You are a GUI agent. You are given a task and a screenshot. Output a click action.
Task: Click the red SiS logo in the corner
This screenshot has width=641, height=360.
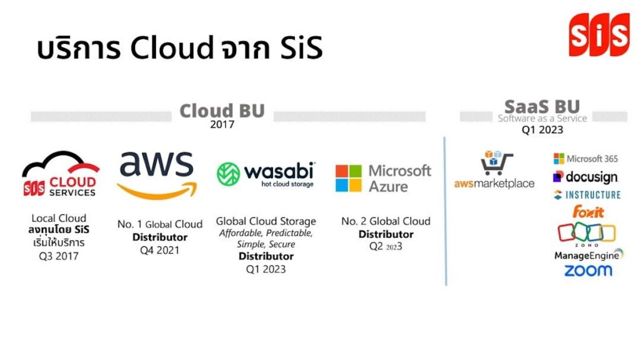pyautogui.click(x=598, y=35)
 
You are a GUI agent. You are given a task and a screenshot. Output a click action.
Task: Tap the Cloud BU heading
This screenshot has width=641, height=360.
pyautogui.click(x=222, y=111)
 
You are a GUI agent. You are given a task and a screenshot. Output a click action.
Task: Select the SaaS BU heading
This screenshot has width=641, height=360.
pyautogui.click(x=542, y=106)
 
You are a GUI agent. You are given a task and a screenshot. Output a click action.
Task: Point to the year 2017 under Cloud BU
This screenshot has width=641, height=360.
pyautogui.click(x=222, y=125)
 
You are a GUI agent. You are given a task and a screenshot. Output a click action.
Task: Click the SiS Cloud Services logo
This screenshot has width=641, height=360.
pyautogui.click(x=61, y=178)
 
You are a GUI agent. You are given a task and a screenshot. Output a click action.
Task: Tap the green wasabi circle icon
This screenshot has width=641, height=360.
pyautogui.click(x=228, y=174)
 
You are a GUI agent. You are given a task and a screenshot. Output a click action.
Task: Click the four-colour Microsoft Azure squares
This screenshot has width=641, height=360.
pyautogui.click(x=349, y=178)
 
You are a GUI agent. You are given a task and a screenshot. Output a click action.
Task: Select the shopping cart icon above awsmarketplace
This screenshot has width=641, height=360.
pyautogui.click(x=496, y=163)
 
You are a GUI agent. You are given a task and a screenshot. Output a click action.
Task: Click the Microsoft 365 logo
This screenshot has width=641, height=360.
pyautogui.click(x=587, y=159)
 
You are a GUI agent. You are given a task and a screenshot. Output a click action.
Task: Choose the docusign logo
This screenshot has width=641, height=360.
pyautogui.click(x=585, y=177)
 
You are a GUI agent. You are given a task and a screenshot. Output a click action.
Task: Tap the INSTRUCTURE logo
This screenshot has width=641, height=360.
pyautogui.click(x=587, y=195)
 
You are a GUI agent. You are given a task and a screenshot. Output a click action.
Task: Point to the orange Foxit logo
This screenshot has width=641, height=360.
pyautogui.click(x=588, y=211)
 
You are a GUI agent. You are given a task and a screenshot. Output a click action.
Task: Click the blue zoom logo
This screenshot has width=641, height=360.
pyautogui.click(x=588, y=270)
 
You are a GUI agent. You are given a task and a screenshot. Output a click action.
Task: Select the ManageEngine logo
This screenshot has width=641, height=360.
pyautogui.click(x=588, y=255)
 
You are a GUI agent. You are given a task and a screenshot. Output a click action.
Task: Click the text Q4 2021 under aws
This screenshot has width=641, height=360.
pyautogui.click(x=160, y=250)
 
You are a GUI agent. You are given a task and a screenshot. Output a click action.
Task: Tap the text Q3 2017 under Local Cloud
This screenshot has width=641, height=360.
pyautogui.click(x=59, y=255)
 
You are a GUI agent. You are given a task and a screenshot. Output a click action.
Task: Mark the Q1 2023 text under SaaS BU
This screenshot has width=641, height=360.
pyautogui.click(x=542, y=130)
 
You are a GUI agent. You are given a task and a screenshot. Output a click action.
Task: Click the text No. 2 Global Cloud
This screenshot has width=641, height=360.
pyautogui.click(x=386, y=221)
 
